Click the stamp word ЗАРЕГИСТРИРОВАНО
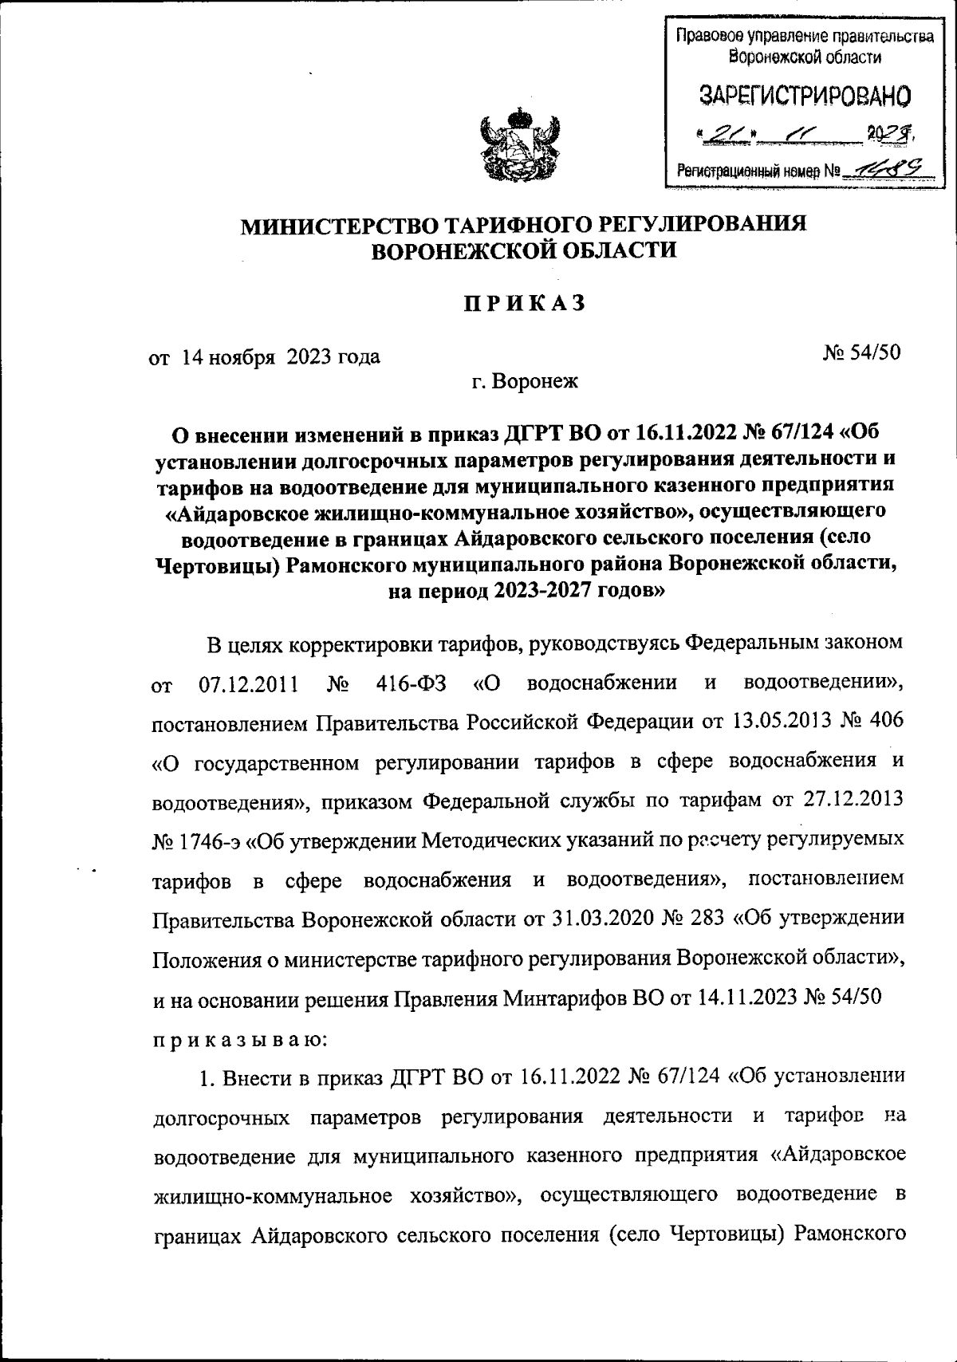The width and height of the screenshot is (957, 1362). click(x=805, y=96)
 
